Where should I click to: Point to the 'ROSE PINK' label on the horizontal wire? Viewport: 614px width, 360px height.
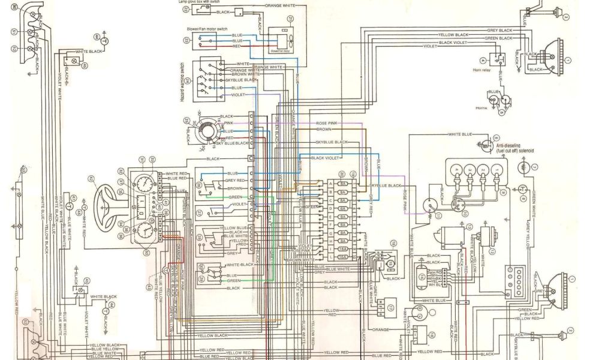328,123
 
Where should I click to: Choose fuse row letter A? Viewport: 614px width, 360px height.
330,184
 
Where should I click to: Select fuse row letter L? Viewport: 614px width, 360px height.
330,256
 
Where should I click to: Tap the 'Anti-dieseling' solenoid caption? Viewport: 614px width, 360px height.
514,145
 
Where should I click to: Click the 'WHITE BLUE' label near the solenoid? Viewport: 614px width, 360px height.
460,134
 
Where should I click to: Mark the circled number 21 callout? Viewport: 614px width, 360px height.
289,19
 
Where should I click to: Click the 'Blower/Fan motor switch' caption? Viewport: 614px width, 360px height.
205,29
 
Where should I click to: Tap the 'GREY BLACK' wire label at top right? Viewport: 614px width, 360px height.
499,30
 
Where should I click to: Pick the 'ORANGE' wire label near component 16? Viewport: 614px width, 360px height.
381,330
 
